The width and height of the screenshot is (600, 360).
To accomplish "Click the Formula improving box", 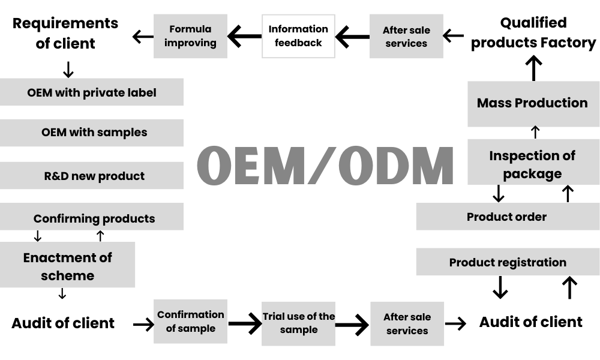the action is coord(190,37).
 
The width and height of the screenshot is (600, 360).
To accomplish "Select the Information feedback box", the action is coord(298,37).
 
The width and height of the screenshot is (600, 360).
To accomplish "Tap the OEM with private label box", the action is coord(92,92).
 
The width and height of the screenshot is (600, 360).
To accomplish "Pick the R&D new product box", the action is coord(92,176).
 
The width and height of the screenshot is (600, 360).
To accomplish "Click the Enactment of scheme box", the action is coord(67,265).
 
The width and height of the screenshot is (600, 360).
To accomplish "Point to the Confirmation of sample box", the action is coord(190,322).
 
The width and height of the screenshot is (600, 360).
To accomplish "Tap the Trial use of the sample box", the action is coord(298,323).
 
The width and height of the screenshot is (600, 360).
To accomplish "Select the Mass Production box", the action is coord(533,104).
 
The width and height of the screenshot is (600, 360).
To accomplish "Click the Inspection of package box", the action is coord(533,162).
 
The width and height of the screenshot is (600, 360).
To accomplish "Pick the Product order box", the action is coord(508,217).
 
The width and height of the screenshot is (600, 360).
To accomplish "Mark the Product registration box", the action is coord(508,262).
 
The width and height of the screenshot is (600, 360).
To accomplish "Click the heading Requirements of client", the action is coord(65,33).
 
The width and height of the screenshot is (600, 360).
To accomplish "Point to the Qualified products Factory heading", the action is coord(533,33).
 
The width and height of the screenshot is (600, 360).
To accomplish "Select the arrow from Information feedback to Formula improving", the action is coord(245,37).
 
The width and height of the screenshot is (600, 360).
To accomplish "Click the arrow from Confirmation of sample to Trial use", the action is coord(245,323).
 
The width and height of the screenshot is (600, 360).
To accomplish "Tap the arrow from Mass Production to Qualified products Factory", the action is coord(533,68).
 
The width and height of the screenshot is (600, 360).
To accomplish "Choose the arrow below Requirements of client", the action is coord(68,70).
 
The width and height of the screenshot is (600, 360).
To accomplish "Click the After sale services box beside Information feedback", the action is coord(406,37).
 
